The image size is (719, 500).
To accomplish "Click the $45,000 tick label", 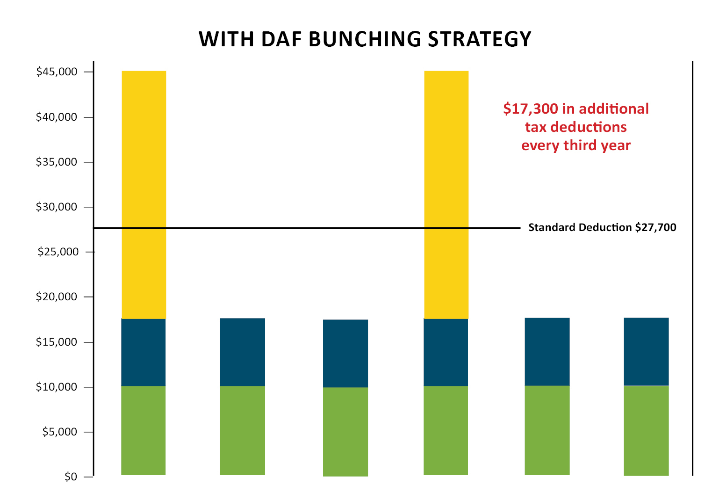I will pyautogui.click(x=57, y=72).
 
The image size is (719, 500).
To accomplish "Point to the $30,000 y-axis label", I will pyautogui.click(x=57, y=207).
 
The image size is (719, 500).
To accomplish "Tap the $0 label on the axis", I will pyautogui.click(x=71, y=477).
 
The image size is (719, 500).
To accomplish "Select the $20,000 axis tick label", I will pyautogui.click(x=57, y=297).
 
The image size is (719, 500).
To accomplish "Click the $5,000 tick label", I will pyautogui.click(x=60, y=432).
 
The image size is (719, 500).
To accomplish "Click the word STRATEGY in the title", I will pyautogui.click(x=480, y=39).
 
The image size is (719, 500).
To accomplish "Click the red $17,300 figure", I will pyautogui.click(x=531, y=109).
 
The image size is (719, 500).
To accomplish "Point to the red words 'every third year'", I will pyautogui.click(x=576, y=145).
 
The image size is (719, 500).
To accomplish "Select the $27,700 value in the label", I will pyautogui.click(x=655, y=228).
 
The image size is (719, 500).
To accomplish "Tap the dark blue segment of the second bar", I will pyautogui.click(x=243, y=352).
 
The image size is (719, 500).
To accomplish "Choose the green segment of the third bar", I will pyautogui.click(x=345, y=432).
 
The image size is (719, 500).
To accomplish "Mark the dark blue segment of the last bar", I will pyautogui.click(x=646, y=352).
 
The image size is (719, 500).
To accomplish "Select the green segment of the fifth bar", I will pyautogui.click(x=547, y=430).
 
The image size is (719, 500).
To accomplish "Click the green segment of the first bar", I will pyautogui.click(x=144, y=430).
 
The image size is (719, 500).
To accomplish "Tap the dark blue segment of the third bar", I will pyautogui.click(x=345, y=353).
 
